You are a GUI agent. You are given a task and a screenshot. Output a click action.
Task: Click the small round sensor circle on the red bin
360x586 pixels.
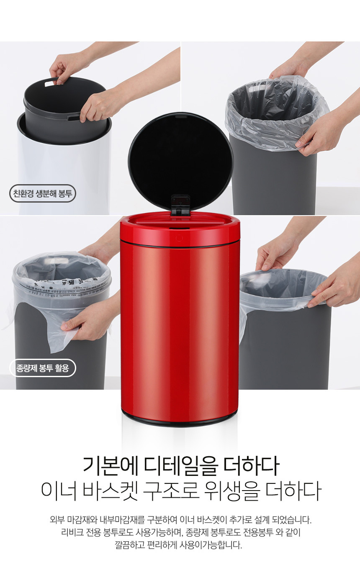click(x=179, y=238)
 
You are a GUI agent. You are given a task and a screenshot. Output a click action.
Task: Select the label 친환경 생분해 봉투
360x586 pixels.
click(x=42, y=194)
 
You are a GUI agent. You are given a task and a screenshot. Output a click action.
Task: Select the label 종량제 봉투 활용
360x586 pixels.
click(x=42, y=368)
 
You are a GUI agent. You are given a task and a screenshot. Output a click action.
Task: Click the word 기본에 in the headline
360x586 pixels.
click(x=110, y=466)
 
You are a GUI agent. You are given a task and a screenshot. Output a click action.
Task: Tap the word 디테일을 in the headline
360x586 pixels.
click(x=181, y=466)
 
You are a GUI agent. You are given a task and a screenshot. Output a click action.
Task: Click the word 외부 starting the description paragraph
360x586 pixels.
click(x=57, y=519)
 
